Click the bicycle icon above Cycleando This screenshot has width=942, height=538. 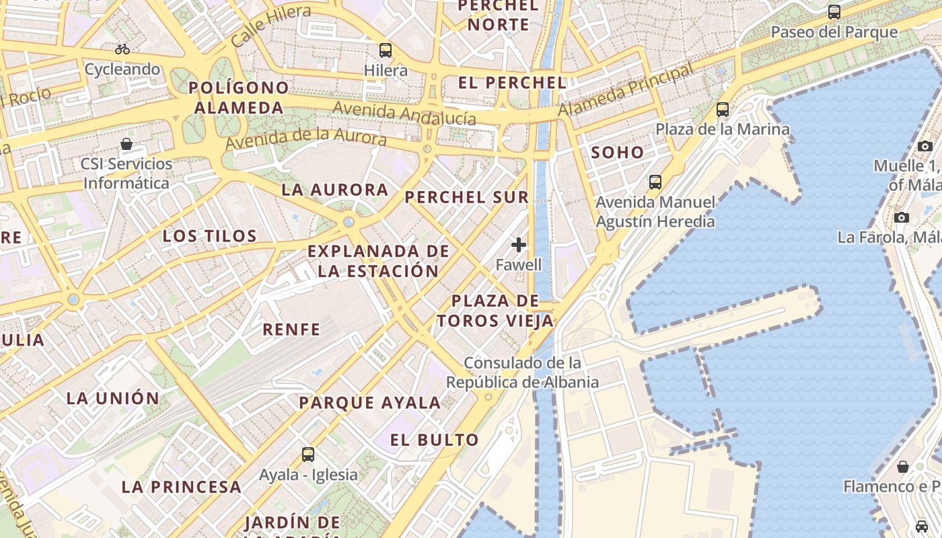pyautogui.click(x=122, y=49)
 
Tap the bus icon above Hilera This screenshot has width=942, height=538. pyautogui.click(x=386, y=50)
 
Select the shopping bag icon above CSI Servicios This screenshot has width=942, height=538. pyautogui.click(x=126, y=144)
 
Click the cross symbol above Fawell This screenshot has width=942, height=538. pyautogui.click(x=519, y=245)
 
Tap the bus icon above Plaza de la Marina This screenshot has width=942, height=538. pyautogui.click(x=723, y=109)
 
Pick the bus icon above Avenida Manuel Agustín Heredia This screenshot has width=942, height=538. pyautogui.click(x=655, y=182)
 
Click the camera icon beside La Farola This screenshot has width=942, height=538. pyautogui.click(x=902, y=217)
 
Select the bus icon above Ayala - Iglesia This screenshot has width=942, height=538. pyautogui.click(x=308, y=454)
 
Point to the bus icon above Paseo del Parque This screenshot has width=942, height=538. pyautogui.click(x=834, y=11)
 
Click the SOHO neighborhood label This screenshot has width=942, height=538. pyautogui.click(x=617, y=153)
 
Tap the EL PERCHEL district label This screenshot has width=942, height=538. pyautogui.click(x=512, y=83)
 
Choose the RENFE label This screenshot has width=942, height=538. pyautogui.click(x=291, y=329)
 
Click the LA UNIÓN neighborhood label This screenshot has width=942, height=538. pyautogui.click(x=113, y=398)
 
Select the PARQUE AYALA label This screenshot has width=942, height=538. pyautogui.click(x=370, y=403)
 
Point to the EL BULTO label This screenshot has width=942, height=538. pyautogui.click(x=435, y=440)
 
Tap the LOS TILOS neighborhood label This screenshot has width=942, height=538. pyautogui.click(x=210, y=236)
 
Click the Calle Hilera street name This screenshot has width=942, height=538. pyautogui.click(x=270, y=26)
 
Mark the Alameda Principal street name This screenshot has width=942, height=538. pyautogui.click(x=626, y=90)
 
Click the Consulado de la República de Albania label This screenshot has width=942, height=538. pyautogui.click(x=522, y=373)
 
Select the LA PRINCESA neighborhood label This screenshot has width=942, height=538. pyautogui.click(x=182, y=487)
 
